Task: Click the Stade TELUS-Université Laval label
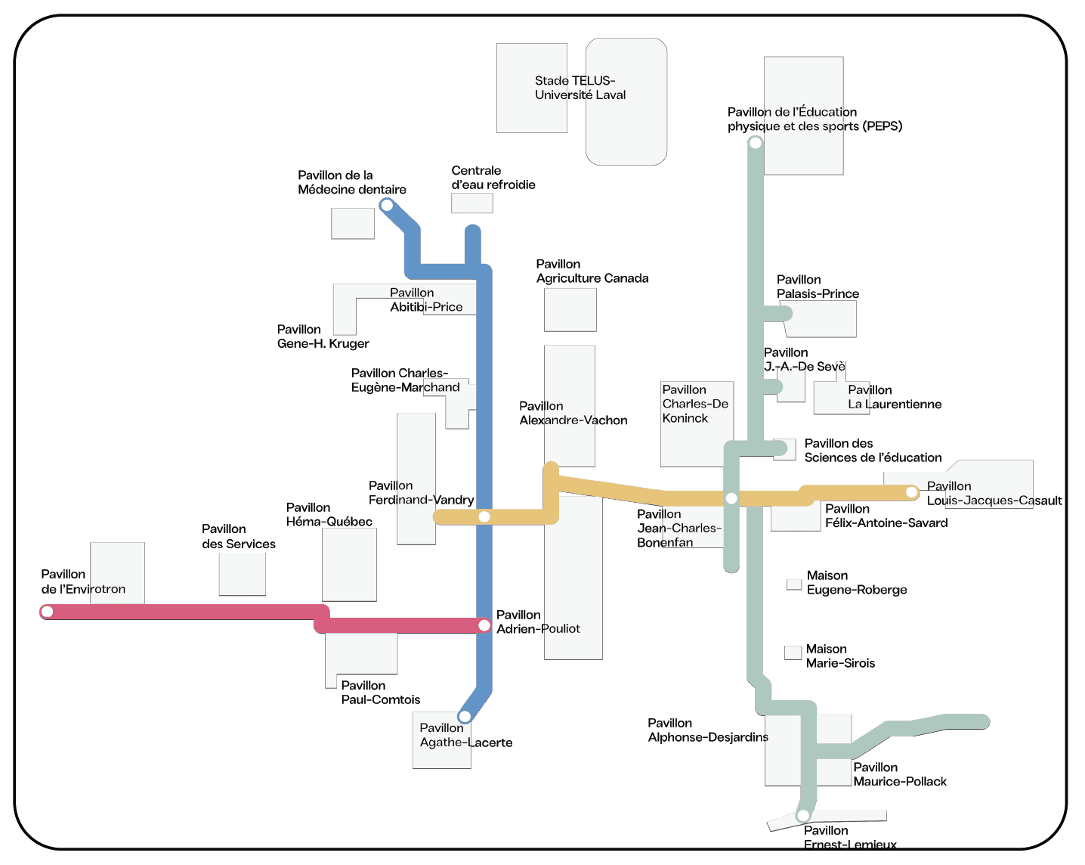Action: pyautogui.click(x=580, y=88)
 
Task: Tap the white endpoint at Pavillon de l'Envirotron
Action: pyautogui.click(x=47, y=612)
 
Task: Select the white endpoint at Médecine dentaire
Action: pyautogui.click(x=387, y=206)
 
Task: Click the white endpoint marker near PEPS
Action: pyautogui.click(x=755, y=143)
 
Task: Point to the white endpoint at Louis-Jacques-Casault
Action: pyautogui.click(x=911, y=492)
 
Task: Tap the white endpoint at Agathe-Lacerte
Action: pyautogui.click(x=465, y=716)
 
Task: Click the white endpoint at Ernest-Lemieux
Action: pyautogui.click(x=803, y=815)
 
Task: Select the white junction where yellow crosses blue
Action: pyautogui.click(x=484, y=516)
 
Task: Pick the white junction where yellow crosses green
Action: pyautogui.click(x=731, y=498)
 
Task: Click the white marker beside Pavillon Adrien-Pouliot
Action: pyautogui.click(x=484, y=626)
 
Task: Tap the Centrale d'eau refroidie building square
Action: pyautogui.click(x=472, y=203)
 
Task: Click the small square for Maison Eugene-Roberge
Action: pyautogui.click(x=794, y=584)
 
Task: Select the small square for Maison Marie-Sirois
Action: pyautogui.click(x=793, y=653)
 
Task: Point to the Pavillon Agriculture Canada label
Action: pyautogui.click(x=592, y=271)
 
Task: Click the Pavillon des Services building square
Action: pyautogui.click(x=242, y=574)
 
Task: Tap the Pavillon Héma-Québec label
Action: pyautogui.click(x=329, y=514)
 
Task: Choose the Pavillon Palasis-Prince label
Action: pyautogui.click(x=818, y=287)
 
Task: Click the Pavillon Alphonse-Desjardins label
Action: pyautogui.click(x=708, y=730)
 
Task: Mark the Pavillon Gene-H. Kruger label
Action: pyautogui.click(x=323, y=336)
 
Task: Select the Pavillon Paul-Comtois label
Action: pyautogui.click(x=381, y=693)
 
